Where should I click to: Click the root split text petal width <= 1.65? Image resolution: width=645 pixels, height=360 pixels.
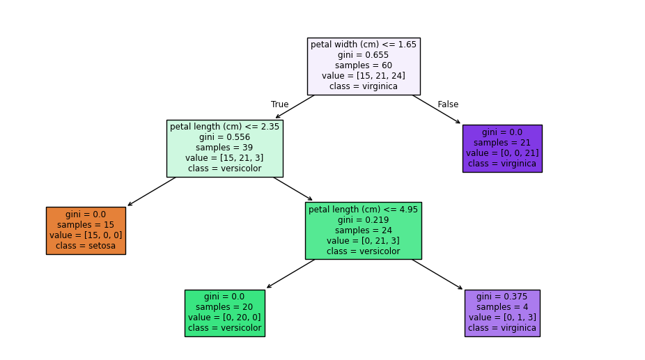[364, 45]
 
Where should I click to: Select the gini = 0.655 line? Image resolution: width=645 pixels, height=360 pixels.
[364, 55]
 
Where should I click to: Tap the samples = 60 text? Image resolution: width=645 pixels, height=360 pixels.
[364, 65]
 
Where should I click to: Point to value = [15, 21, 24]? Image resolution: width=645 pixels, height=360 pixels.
[364, 76]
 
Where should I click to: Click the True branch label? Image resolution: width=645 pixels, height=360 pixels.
[279, 104]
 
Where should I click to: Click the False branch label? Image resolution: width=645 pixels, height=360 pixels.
[448, 104]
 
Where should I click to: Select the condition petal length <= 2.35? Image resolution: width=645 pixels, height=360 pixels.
[224, 127]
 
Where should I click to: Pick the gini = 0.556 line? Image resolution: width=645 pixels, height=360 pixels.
[224, 137]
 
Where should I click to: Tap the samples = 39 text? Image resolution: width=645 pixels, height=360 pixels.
[224, 148]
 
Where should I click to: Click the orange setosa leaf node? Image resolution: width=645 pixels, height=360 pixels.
[86, 230]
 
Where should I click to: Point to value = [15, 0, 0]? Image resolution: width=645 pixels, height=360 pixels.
[86, 235]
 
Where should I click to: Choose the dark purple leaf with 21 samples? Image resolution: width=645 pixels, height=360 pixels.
[502, 148]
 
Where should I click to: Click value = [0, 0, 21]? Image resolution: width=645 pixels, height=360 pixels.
[502, 153]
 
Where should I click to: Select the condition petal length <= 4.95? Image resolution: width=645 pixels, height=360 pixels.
[363, 210]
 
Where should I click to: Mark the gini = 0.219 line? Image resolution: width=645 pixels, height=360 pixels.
[363, 220]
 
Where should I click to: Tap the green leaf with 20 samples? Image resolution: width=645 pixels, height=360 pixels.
[224, 313]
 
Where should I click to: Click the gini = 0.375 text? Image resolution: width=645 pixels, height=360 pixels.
[502, 297]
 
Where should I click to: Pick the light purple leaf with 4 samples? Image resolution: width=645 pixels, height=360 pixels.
[502, 313]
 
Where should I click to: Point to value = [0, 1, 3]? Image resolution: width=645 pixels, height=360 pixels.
[502, 318]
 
